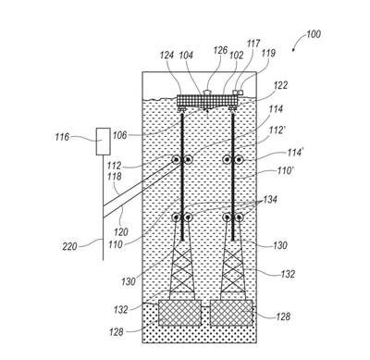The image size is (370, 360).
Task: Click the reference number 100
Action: pos(314,33)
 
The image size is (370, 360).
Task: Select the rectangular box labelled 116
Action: pos(104,142)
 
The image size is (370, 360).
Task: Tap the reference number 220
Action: pos(69,246)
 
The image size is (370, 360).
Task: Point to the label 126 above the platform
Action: pos(220,50)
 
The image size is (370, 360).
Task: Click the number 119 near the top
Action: pos(267,53)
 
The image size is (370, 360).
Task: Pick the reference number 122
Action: pos(280,85)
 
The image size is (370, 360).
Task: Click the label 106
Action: pos(119,135)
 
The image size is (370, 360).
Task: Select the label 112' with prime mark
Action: pos(277,130)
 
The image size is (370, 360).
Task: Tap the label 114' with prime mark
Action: pos(294,153)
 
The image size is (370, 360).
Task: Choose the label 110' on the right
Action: pos(284,170)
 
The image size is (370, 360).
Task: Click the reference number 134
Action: pos(269,200)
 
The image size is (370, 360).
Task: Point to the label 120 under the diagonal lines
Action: pos(121,231)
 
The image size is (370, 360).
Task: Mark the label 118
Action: pos(115,177)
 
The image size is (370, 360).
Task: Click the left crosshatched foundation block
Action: pos(179,313)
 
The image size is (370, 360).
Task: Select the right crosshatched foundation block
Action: pos(231,313)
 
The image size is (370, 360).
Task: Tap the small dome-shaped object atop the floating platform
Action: pos(207,92)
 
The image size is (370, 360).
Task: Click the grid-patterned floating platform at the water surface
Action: pos(208,101)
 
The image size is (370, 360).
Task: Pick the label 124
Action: pos(167,56)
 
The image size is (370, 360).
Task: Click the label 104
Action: pos(186,56)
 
